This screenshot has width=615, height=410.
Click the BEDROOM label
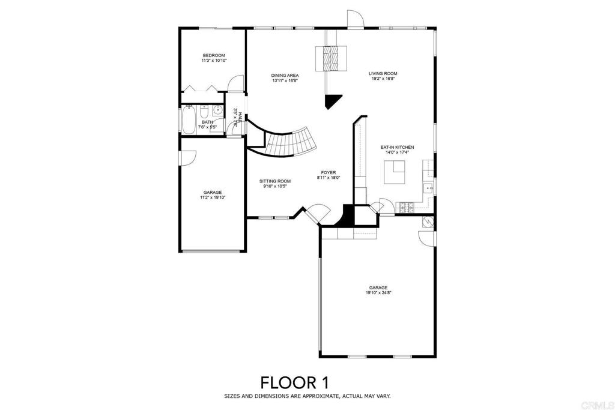[x=213, y=55]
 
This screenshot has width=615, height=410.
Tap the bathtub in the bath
[x=189, y=120]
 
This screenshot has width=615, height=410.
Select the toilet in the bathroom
[x=204, y=112]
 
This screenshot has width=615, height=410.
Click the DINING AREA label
[x=285, y=76]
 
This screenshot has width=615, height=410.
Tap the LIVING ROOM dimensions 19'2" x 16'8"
[x=383, y=79]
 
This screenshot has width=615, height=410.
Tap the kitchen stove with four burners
[x=406, y=207]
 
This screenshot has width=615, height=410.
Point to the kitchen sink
[x=429, y=188]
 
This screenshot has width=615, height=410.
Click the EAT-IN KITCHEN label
[x=397, y=147]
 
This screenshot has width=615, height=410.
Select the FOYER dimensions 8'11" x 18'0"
[x=328, y=178]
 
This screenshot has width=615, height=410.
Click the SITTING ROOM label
[x=275, y=181]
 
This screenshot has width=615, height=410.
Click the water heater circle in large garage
[x=428, y=222]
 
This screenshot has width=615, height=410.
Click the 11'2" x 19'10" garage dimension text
[x=212, y=197]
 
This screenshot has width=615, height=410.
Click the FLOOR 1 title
[x=294, y=382]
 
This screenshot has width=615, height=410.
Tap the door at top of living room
[x=355, y=20]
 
